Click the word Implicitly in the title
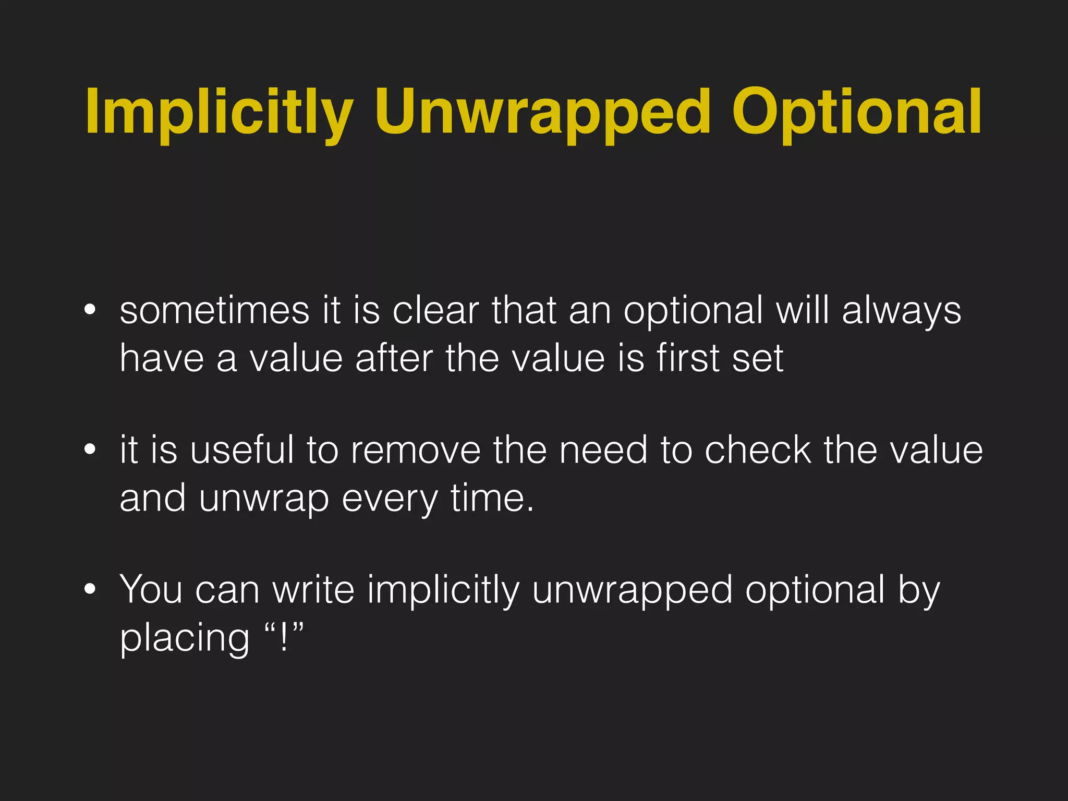pyautogui.click(x=220, y=112)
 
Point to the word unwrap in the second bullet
pyautogui.click(x=264, y=499)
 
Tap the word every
pyautogui.click(x=390, y=499)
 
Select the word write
pyautogui.click(x=313, y=590)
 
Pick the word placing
pyautogui.click(x=185, y=638)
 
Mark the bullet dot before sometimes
pyautogui.click(x=90, y=310)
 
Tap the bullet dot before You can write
pyautogui.click(x=90, y=589)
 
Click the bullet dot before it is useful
pyautogui.click(x=90, y=449)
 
